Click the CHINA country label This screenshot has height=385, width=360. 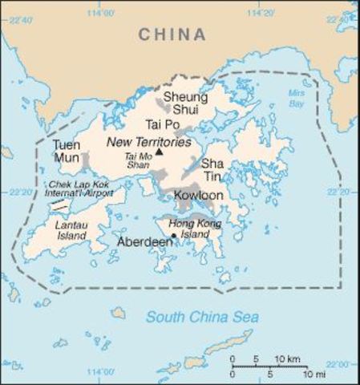tap(172, 34)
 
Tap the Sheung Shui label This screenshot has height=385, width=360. tap(180, 104)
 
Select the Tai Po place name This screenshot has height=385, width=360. tap(163, 124)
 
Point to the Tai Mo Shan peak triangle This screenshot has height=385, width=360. tap(159, 151)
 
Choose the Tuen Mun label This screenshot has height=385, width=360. tap(66, 151)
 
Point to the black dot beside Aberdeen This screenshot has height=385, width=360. tap(172, 235)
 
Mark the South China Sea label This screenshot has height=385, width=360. tap(201, 316)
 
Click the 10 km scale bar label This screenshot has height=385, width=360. tap(288, 357)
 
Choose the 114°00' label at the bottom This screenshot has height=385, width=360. tap(102, 371)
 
